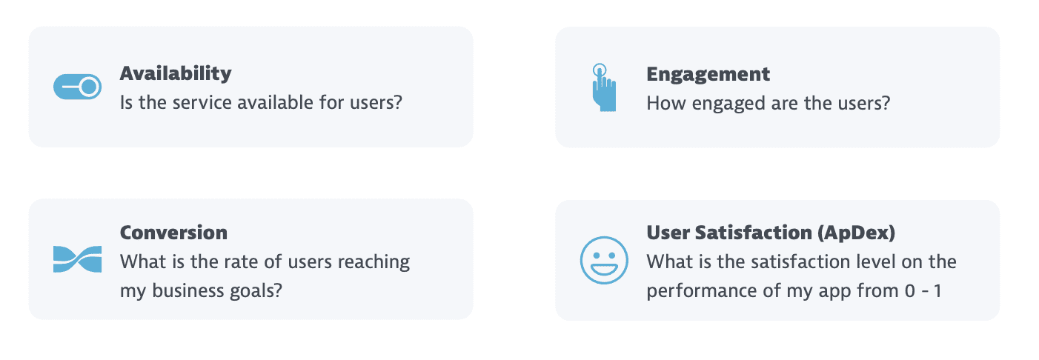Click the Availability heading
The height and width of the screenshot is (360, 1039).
[176, 74]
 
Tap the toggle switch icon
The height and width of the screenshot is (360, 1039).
[77, 87]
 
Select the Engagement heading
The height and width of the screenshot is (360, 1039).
[708, 75]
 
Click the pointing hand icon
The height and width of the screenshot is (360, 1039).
[604, 87]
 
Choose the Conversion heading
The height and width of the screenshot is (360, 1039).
[173, 233]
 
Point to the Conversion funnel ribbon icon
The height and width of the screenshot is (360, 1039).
[77, 259]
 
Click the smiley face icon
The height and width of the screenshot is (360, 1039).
[604, 260]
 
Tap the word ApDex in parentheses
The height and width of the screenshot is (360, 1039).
[856, 233]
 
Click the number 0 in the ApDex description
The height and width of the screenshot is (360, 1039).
[910, 291]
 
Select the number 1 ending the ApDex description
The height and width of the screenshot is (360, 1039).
[938, 291]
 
